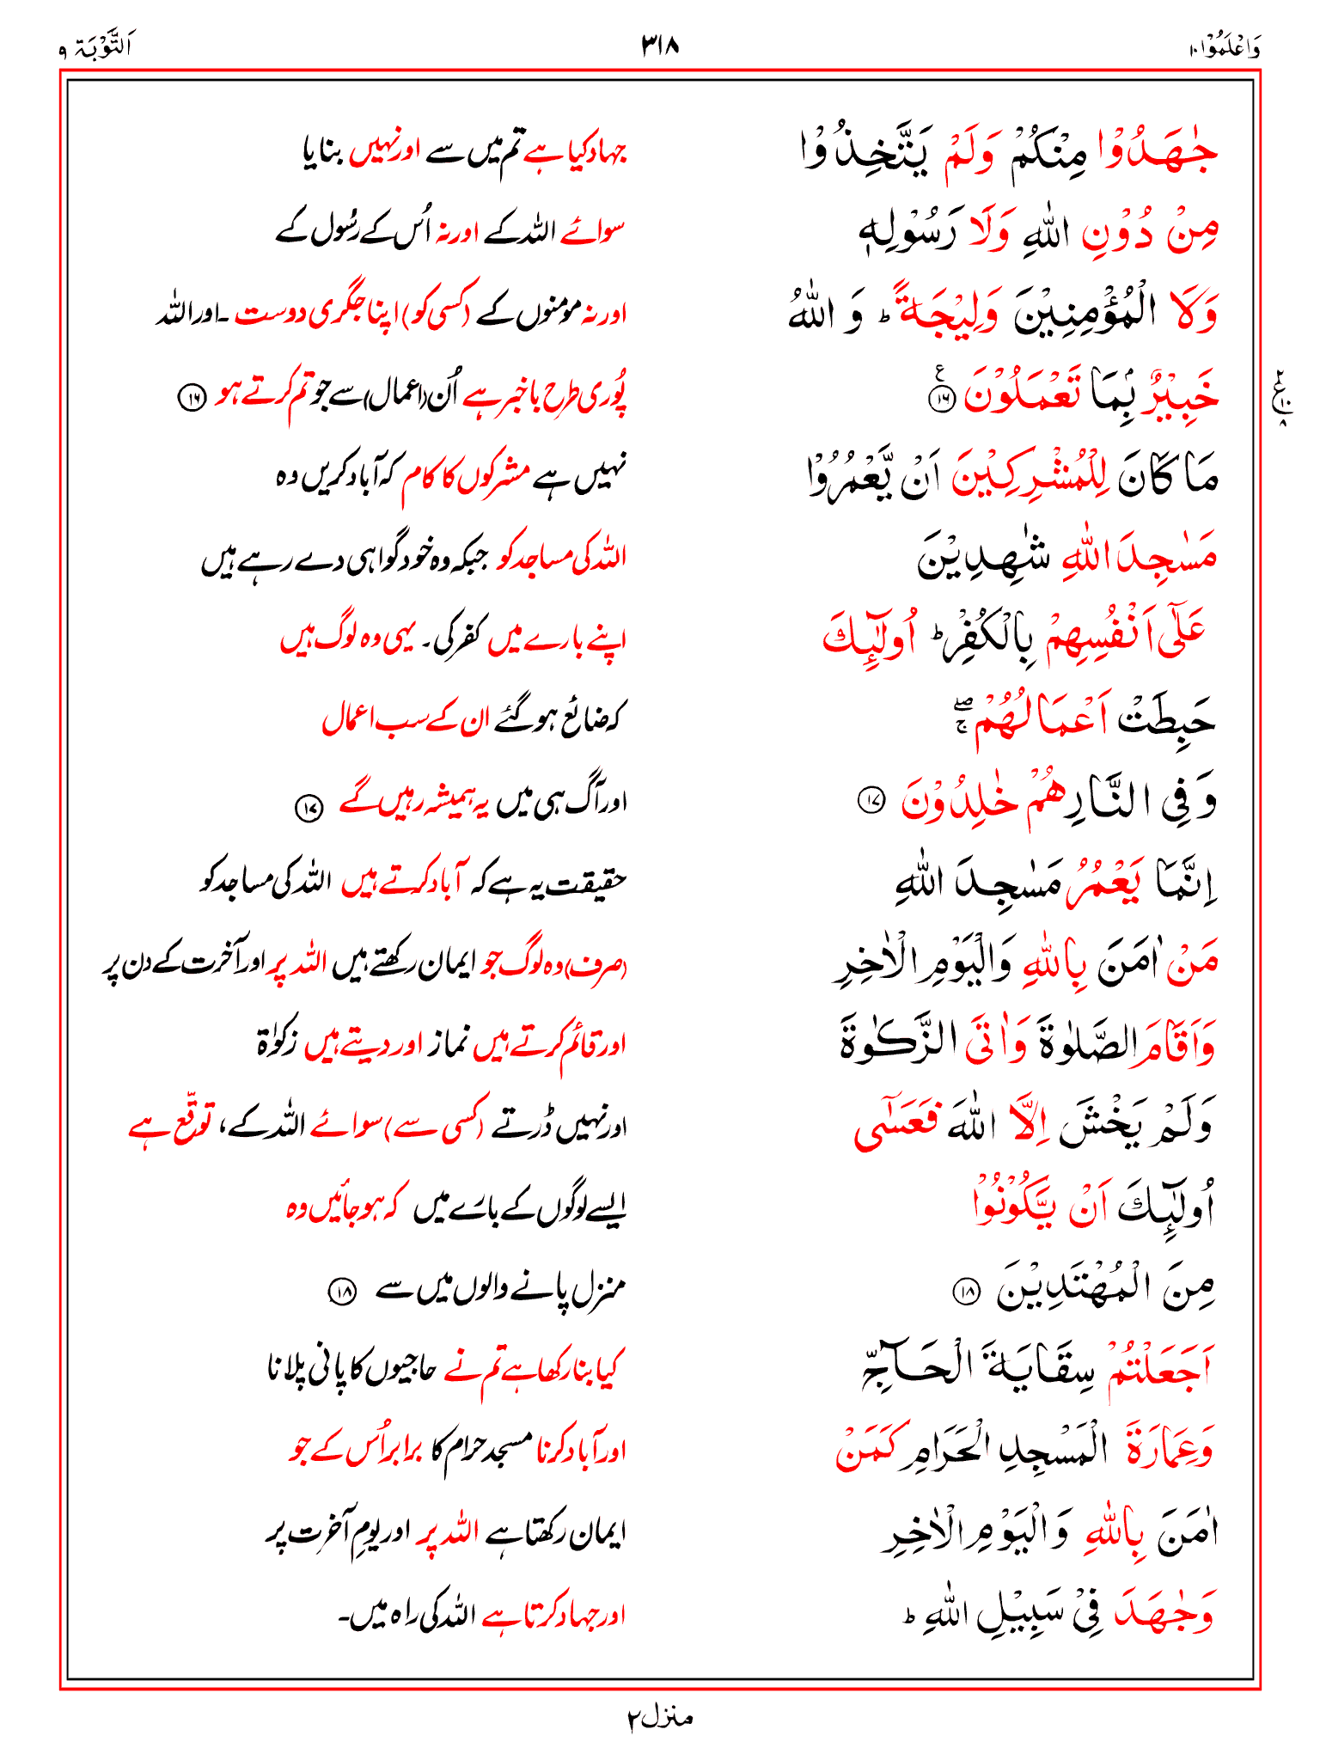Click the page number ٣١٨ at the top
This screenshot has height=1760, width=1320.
(660, 45)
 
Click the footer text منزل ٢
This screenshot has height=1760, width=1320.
(659, 1718)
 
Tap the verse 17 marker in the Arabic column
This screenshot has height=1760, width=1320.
(871, 801)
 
